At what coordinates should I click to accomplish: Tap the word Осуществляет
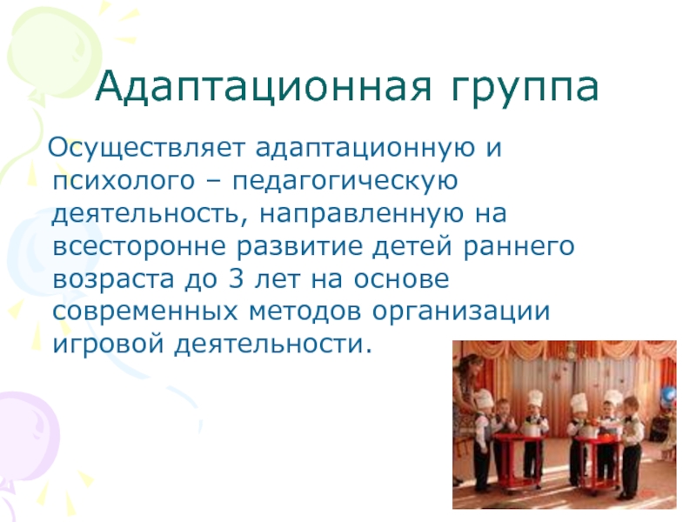pyautogui.click(x=146, y=147)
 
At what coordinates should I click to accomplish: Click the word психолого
pyautogui.click(x=124, y=181)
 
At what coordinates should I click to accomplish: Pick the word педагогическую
pyautogui.click(x=345, y=181)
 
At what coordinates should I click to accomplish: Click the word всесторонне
pyautogui.click(x=139, y=247)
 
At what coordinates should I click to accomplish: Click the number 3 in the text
pyautogui.click(x=236, y=278)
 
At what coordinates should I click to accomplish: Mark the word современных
pyautogui.click(x=145, y=312)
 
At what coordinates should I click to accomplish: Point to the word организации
pyautogui.click(x=461, y=311)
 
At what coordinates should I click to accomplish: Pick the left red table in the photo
pyautogui.click(x=519, y=462)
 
